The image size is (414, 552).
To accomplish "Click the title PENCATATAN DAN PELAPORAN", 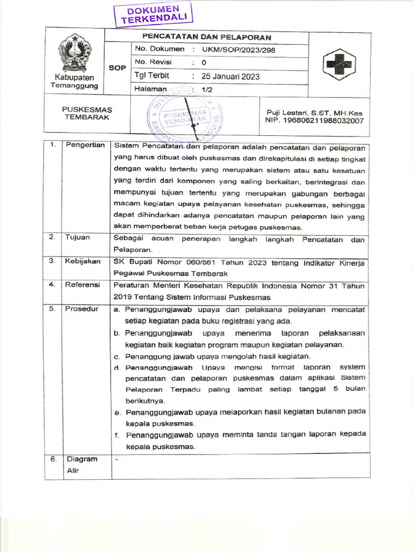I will pos(206,38).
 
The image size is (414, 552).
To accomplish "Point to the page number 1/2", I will pos(207,89).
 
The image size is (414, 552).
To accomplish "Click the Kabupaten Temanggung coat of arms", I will pos(75,52).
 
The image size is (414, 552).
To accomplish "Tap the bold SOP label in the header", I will pos(117,68).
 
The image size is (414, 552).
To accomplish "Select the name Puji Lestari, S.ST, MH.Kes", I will pos(314,113).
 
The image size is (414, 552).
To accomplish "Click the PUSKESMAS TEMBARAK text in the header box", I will pos(87,114).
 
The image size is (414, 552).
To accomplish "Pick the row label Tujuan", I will pos(78,238).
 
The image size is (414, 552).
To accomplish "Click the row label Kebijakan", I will pos(82,261).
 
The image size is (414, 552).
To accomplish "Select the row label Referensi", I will pos(82,285).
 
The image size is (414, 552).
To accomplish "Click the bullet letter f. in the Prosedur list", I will pos(116,435).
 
